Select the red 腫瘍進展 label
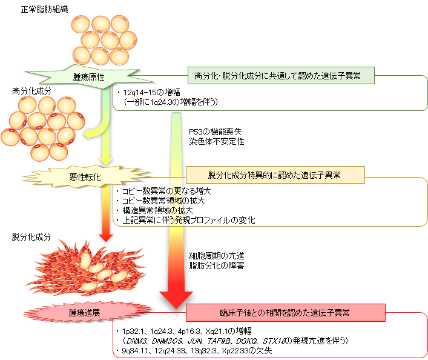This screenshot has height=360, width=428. (x=84, y=313)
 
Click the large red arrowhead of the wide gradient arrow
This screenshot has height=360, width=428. (x=176, y=298)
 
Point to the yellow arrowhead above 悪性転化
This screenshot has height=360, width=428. (x=106, y=161)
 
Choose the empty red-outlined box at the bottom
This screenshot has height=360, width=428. (x=269, y=341)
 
